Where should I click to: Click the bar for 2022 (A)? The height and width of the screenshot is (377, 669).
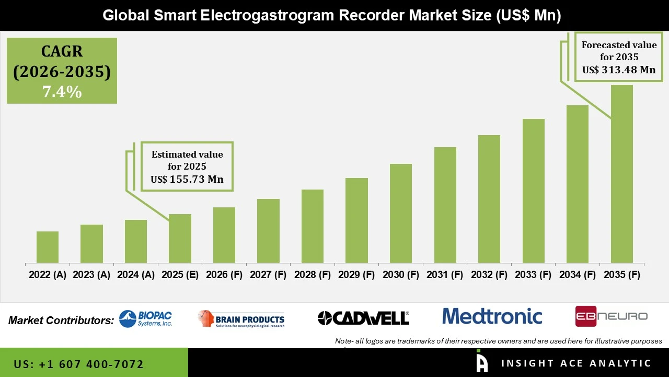coord(48,247)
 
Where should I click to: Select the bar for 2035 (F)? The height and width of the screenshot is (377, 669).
coord(621,174)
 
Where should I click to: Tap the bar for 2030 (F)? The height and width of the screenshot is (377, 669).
coord(400,214)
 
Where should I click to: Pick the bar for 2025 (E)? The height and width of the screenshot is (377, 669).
coord(180,239)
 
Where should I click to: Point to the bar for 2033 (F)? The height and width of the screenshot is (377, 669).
coord(533,191)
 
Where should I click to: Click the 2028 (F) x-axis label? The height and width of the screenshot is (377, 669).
coord(313,275)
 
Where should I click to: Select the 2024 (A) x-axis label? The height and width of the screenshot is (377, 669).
coord(136,275)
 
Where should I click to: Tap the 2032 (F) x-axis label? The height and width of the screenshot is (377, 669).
coord(489,275)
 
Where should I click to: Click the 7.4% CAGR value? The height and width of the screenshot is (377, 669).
coord(62,92)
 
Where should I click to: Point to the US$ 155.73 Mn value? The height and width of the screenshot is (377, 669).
coord(187,179)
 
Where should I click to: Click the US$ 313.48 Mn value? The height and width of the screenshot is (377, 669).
coord(619,70)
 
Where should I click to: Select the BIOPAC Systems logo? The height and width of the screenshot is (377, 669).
coord(145,318)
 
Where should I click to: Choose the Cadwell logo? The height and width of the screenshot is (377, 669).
coord(363,318)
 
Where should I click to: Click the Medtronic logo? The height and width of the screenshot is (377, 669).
coord(492,316)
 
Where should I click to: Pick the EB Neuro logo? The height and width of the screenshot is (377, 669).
coord(611,316)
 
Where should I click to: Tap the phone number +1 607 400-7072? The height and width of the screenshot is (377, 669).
coord(78,364)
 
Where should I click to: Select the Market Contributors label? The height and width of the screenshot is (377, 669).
coord(61,320)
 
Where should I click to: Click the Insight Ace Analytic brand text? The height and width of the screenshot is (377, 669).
coord(576,363)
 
